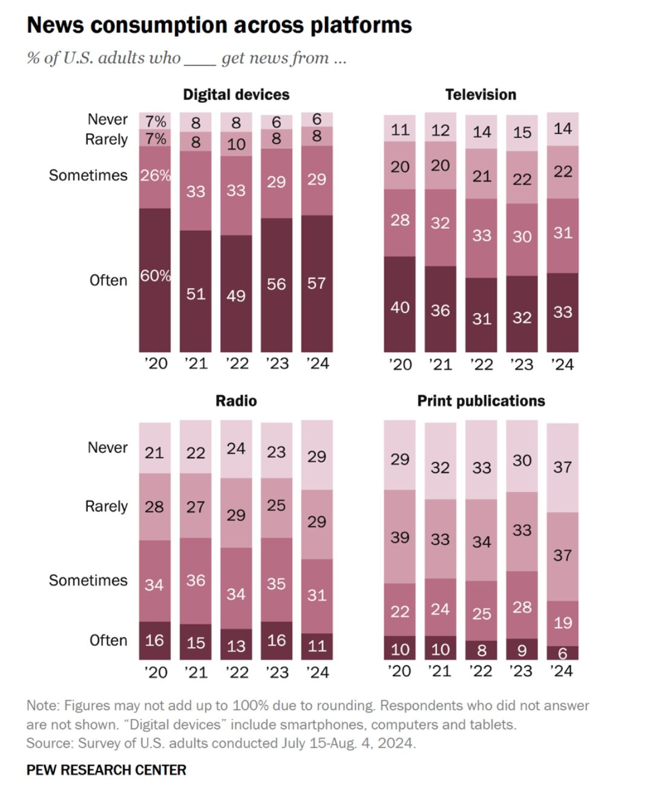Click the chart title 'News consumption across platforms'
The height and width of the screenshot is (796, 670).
(219, 25)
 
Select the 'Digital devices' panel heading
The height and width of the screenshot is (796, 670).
(236, 94)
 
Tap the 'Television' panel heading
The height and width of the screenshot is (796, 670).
(481, 94)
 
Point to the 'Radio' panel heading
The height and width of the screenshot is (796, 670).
(236, 401)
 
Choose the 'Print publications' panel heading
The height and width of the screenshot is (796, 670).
(481, 401)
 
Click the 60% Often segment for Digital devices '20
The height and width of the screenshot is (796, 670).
(155, 280)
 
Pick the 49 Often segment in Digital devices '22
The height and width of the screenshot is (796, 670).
(236, 295)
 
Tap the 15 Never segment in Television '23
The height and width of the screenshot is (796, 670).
(522, 133)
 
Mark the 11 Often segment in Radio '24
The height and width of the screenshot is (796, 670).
(317, 646)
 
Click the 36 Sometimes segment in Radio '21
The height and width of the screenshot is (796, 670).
(195, 580)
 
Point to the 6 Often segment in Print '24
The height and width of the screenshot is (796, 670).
(562, 653)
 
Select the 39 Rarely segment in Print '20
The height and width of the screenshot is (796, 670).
(399, 537)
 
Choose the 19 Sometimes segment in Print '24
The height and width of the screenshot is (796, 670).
(562, 622)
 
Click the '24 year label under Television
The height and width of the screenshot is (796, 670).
(562, 364)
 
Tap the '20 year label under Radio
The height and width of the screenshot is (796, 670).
(155, 672)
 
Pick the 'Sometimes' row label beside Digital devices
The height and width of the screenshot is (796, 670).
(88, 176)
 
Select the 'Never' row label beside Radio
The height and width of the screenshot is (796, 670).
(108, 447)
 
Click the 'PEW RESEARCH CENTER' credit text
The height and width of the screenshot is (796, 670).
(107, 770)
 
